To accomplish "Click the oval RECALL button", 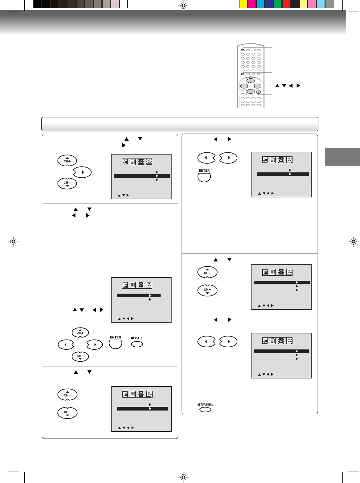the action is click(137, 344).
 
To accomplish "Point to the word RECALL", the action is click(137, 338).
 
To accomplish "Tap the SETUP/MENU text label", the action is click(205, 405).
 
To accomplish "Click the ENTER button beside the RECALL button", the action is click(116, 344).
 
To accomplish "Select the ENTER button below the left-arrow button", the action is click(204, 177).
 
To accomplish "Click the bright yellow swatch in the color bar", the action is click(243, 4).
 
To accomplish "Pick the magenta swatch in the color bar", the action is click(252, 4).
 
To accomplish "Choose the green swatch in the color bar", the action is click(278, 4).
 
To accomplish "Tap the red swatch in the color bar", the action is click(286, 4).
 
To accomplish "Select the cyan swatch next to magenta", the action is click(260, 4).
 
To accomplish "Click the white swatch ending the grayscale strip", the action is click(124, 4).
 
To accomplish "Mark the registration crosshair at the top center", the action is click(183, 6).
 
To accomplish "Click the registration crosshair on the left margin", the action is click(13, 241).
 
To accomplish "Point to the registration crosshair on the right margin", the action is click(354, 241).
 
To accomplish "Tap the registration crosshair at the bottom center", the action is click(183, 477).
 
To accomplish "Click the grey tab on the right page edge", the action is click(342, 157).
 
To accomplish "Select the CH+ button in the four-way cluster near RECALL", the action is click(80, 332).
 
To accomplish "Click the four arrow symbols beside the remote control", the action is click(287, 86).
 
